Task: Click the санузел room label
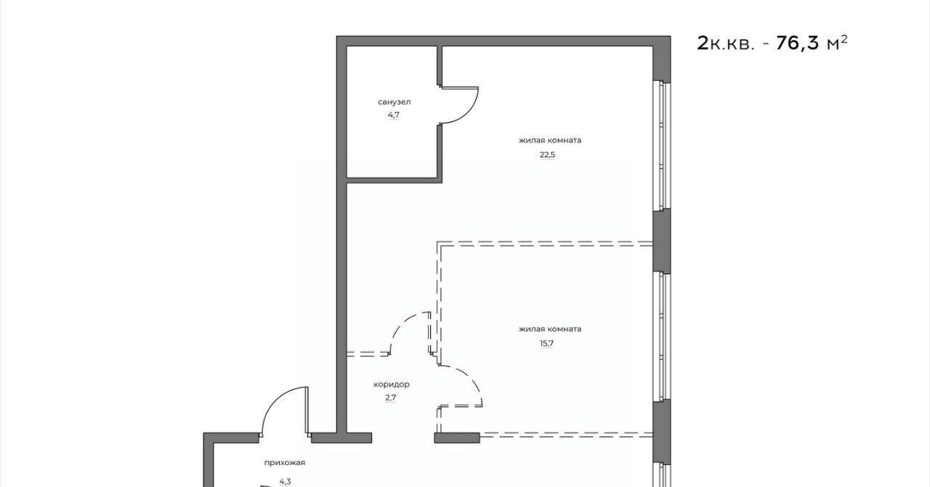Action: [394, 102]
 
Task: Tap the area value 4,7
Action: [394, 115]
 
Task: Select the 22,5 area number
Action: [547, 155]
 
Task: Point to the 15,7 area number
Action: [547, 343]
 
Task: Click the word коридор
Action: [391, 385]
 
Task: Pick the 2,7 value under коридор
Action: [391, 398]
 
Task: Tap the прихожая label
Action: [284, 463]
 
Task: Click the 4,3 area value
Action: [285, 482]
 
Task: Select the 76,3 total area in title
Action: [797, 43]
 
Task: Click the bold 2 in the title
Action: [703, 43]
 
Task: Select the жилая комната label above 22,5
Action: [550, 140]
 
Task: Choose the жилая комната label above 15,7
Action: [550, 329]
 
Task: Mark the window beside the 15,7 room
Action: [661, 337]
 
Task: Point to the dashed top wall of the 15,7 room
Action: [545, 243]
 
